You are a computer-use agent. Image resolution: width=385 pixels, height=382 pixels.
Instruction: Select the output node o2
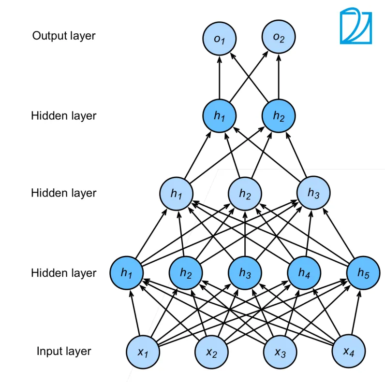pyautogui.click(x=279, y=38)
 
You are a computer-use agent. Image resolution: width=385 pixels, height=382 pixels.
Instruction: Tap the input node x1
pyautogui.click(x=143, y=352)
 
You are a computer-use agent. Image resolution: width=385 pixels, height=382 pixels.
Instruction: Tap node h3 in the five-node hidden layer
pyautogui.click(x=245, y=273)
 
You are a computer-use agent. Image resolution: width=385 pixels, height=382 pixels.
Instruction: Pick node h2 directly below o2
pyautogui.click(x=279, y=116)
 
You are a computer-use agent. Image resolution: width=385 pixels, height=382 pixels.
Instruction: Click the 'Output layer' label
pyautogui.click(x=64, y=36)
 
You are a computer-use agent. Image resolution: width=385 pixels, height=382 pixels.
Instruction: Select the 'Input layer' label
pyautogui.click(x=64, y=351)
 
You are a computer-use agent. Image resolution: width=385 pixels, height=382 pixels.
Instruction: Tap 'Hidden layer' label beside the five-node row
pyautogui.click(x=64, y=273)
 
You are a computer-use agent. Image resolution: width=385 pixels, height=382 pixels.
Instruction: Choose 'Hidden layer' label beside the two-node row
pyautogui.click(x=64, y=116)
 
